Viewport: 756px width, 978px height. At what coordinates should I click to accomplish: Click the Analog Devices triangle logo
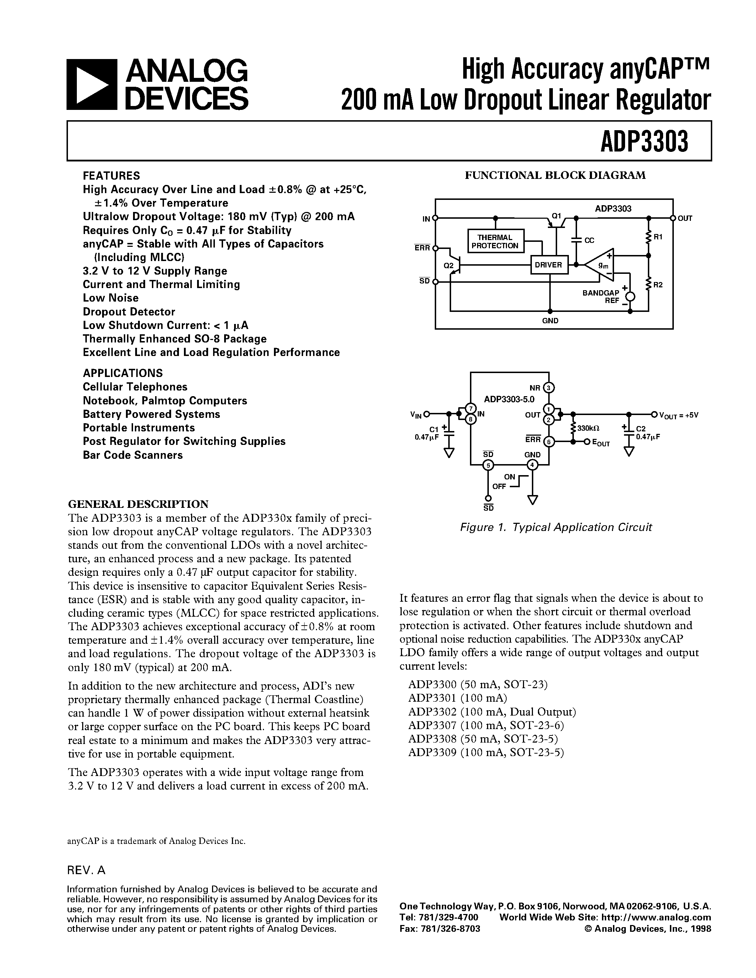coord(92,85)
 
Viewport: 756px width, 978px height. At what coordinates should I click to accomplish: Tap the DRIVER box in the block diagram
coord(548,265)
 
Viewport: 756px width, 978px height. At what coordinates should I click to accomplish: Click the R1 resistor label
coord(658,237)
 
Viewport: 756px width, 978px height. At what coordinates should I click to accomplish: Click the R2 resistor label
coord(658,285)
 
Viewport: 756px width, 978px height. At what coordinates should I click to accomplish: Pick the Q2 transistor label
coord(448,266)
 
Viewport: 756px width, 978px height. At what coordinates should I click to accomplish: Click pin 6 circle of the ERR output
coord(549,442)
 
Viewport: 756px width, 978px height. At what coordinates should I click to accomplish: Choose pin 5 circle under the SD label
coord(488,465)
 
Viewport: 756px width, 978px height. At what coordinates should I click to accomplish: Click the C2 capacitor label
coord(640,429)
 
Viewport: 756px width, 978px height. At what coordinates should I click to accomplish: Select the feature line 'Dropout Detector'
coord(129,312)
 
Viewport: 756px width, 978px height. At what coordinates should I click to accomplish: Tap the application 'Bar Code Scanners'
coord(133,455)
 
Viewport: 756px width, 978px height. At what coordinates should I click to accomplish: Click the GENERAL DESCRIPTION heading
coord(138,504)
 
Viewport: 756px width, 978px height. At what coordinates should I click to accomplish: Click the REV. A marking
coord(86,870)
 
